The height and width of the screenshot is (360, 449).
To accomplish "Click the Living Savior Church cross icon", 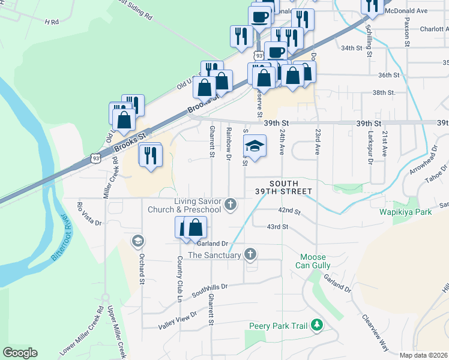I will (x=229, y=205).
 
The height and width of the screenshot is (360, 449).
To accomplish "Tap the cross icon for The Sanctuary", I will (x=250, y=255).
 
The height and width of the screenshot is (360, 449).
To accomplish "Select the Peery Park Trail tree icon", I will (x=316, y=326).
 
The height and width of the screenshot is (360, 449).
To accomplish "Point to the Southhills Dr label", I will (x=210, y=291).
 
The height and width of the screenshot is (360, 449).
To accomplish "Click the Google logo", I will (x=20, y=353).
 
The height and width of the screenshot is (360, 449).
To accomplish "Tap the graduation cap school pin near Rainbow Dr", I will (x=255, y=146).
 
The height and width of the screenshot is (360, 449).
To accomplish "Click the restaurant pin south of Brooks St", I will (x=150, y=155).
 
